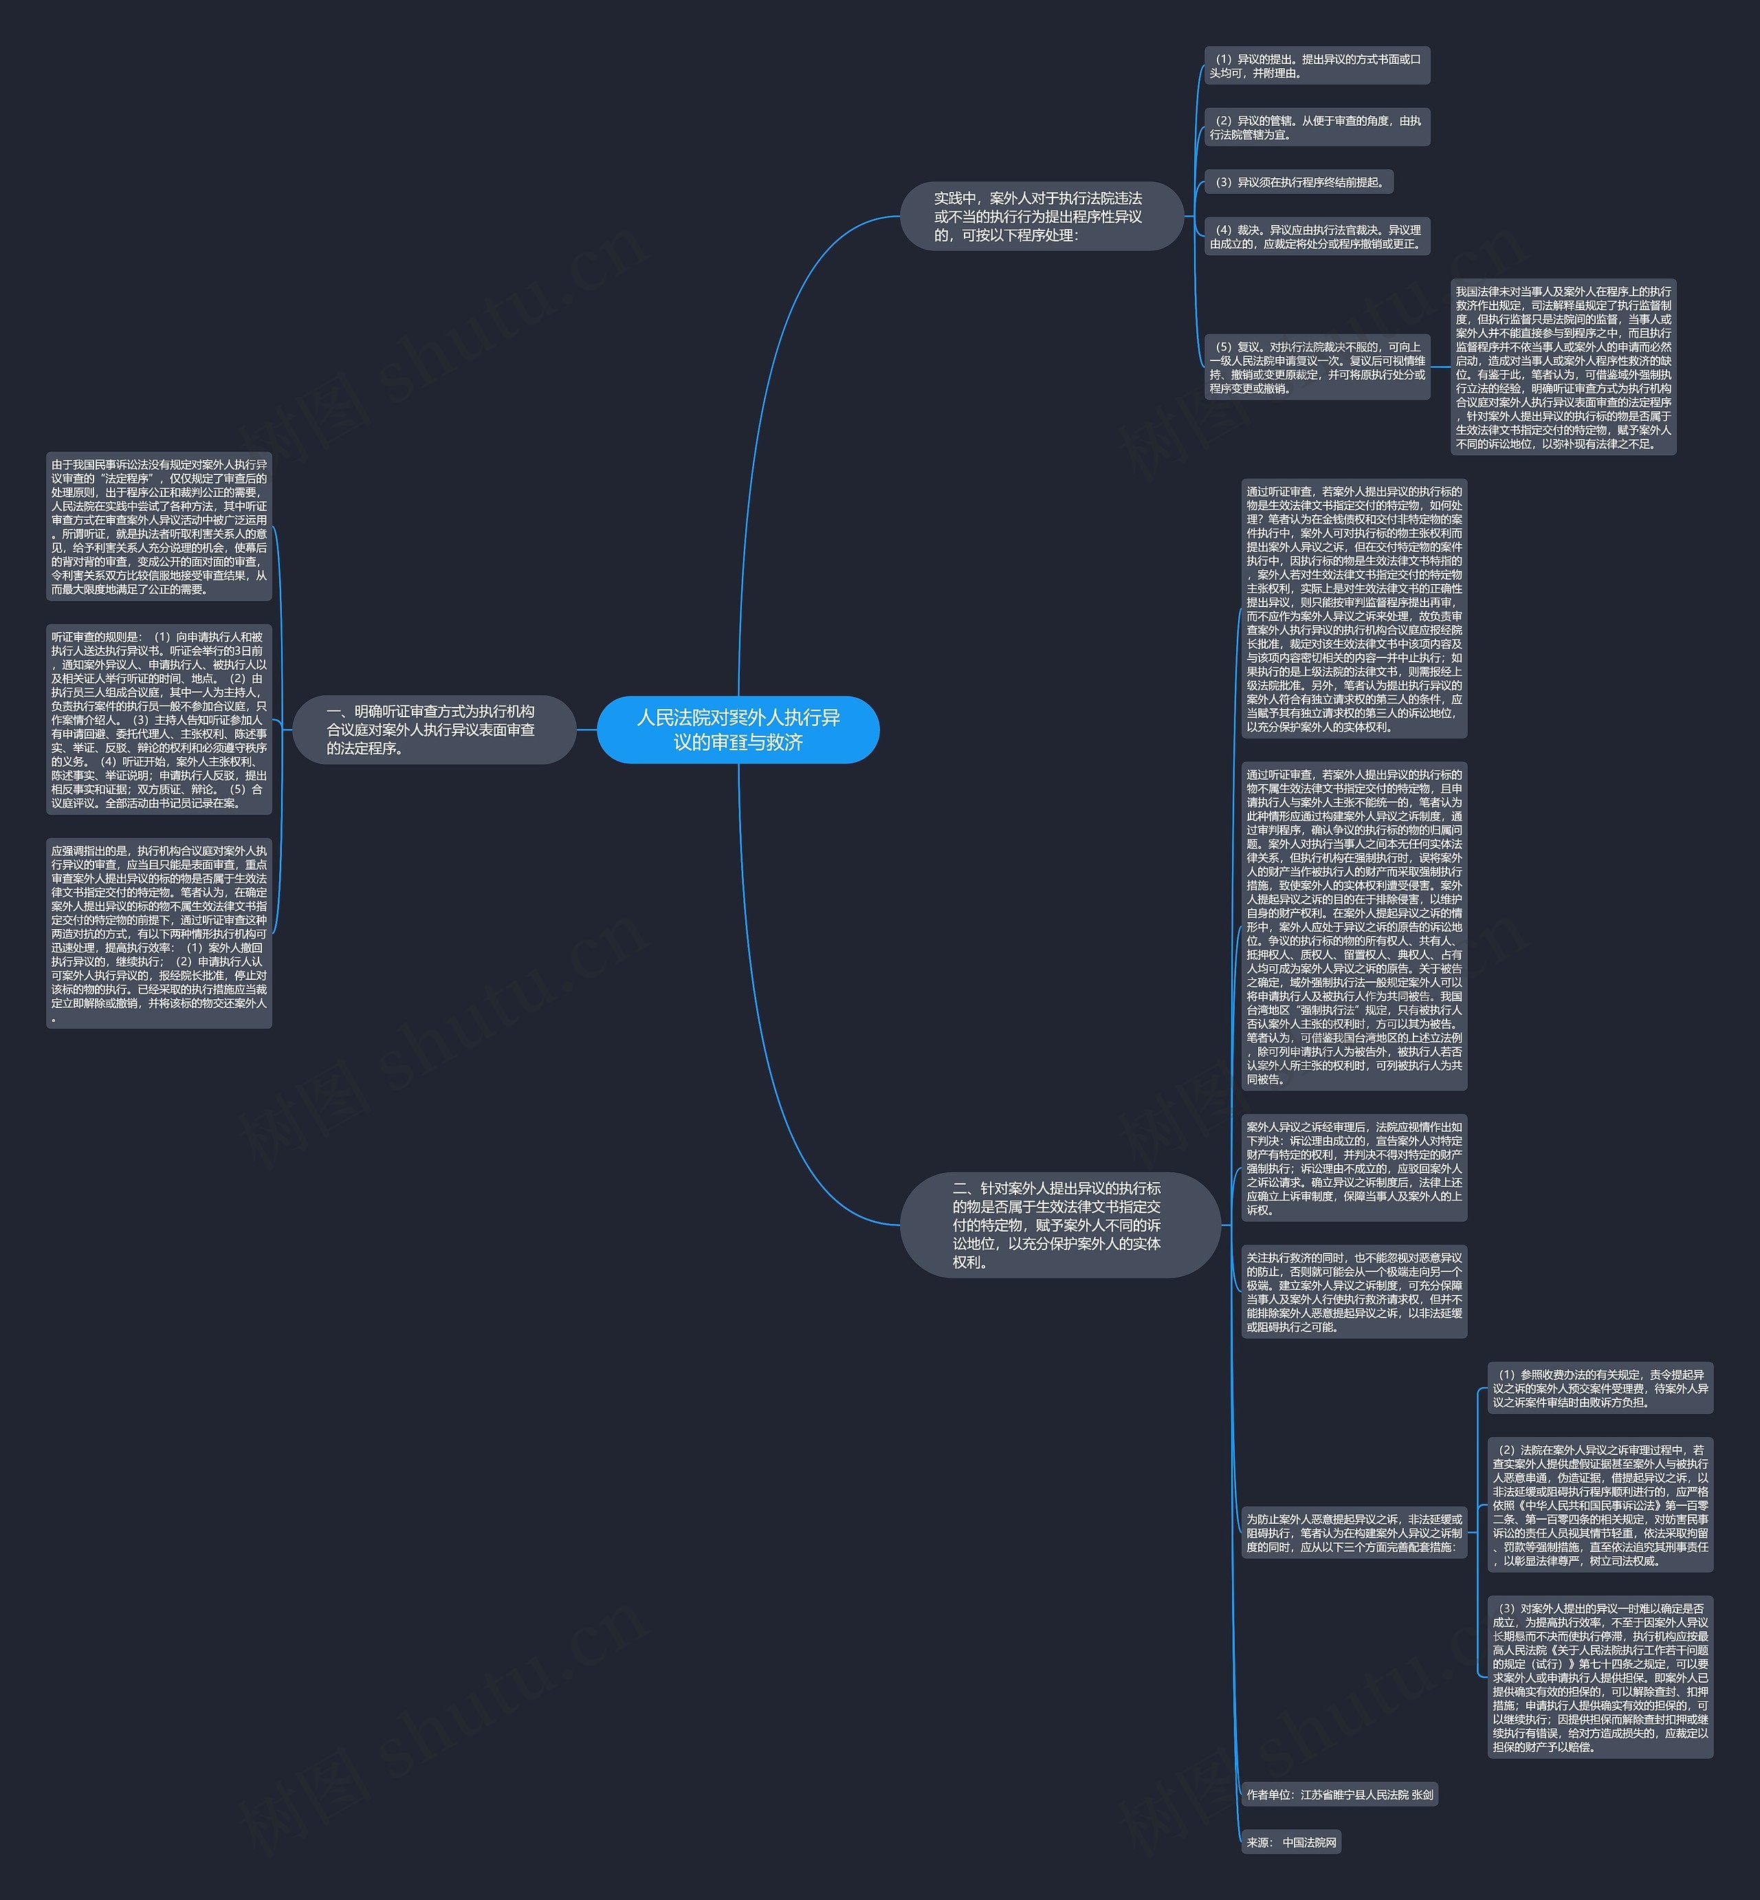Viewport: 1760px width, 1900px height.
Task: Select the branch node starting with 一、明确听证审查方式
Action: (x=433, y=730)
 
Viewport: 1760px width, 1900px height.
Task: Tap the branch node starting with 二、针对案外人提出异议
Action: (x=1059, y=1225)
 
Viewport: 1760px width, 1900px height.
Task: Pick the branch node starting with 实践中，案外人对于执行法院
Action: (x=1041, y=216)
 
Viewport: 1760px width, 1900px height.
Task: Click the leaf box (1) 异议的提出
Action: (x=1316, y=66)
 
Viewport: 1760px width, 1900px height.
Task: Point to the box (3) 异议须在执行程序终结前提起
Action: (x=1299, y=182)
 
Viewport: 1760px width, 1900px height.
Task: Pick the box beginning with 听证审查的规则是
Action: (x=159, y=720)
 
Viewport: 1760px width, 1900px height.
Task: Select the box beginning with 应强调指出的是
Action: (x=159, y=933)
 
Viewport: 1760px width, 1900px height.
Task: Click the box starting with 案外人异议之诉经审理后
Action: (x=1353, y=1168)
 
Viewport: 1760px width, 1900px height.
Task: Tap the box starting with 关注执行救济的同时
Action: (x=1353, y=1292)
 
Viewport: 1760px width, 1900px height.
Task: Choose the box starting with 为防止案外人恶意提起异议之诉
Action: (x=1353, y=1533)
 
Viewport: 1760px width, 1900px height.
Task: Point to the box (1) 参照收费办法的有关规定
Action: (x=1600, y=1388)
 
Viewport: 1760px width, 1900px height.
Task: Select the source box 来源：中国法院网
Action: (x=1290, y=1843)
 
